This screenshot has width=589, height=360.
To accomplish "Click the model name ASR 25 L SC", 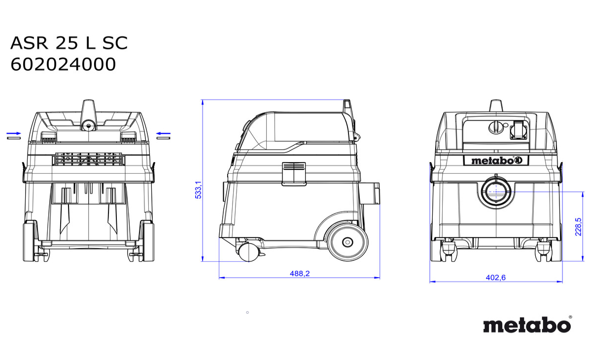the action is [x=69, y=43].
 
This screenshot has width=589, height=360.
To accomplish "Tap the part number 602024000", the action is [x=63, y=65].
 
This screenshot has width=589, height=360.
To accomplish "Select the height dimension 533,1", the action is [x=198, y=190].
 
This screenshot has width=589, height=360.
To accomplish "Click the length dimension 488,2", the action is [x=300, y=274].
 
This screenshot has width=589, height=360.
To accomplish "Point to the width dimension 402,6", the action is [x=495, y=277].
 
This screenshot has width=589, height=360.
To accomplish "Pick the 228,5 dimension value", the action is [x=579, y=226].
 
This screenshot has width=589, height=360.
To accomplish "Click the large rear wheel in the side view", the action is [x=347, y=242].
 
